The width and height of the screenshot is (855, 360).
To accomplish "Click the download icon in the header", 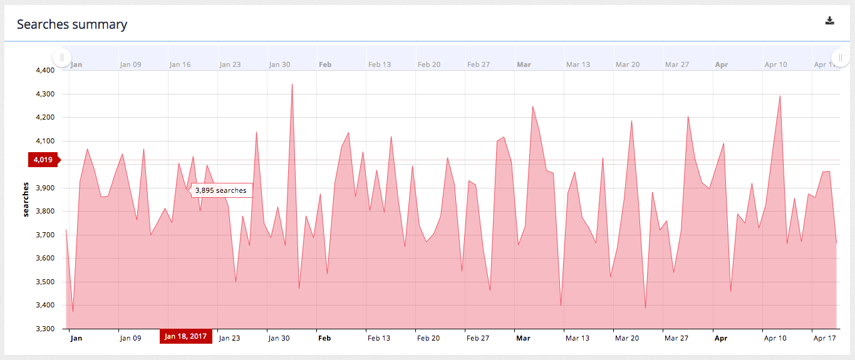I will [x=830, y=21].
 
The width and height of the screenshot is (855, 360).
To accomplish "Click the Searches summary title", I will [x=72, y=24].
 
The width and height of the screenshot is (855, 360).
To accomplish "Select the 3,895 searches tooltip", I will [x=220, y=190].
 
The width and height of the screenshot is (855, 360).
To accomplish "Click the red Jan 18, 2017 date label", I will [x=185, y=337].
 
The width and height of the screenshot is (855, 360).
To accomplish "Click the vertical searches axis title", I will [x=26, y=200].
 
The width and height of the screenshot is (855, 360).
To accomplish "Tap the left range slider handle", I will [x=61, y=58].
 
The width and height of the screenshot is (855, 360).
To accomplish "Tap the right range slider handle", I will [x=839, y=58].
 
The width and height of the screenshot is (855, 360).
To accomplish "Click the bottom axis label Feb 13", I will [x=379, y=338].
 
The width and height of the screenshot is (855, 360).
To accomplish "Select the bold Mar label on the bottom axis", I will [x=523, y=338].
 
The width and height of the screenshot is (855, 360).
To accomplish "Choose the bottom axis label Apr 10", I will [x=775, y=338].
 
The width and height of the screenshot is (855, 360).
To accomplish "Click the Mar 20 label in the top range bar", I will [x=627, y=64].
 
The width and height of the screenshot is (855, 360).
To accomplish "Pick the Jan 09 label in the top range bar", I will [x=130, y=64].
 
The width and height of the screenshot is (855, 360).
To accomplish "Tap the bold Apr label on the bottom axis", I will [x=721, y=338].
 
